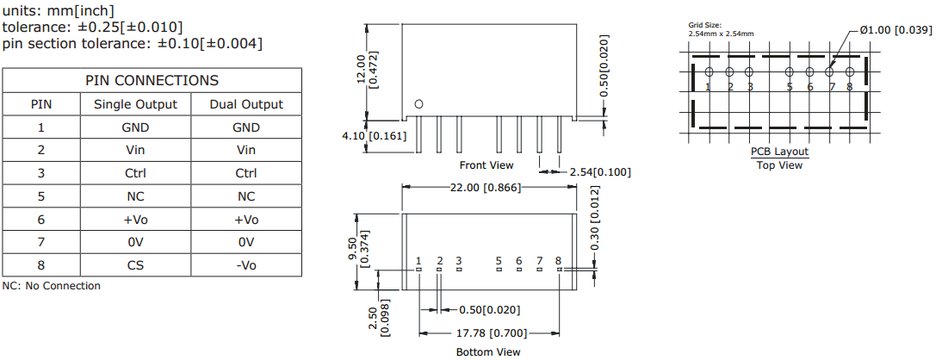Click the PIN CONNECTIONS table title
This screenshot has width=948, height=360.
[152, 81]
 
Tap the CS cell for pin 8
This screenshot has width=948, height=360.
[135, 265]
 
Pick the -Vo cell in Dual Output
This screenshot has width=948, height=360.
[245, 265]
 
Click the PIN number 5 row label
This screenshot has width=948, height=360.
[41, 196]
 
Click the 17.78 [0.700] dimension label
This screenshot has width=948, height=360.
[490, 332]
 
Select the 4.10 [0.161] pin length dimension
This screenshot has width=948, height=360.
[374, 136]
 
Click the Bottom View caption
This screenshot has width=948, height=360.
[488, 351]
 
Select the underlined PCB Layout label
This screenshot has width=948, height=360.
[779, 152]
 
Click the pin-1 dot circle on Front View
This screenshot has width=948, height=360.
[419, 104]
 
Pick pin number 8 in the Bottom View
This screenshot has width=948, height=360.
[558, 260]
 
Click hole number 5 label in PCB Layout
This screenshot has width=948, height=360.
[789, 87]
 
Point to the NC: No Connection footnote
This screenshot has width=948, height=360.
[52, 286]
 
